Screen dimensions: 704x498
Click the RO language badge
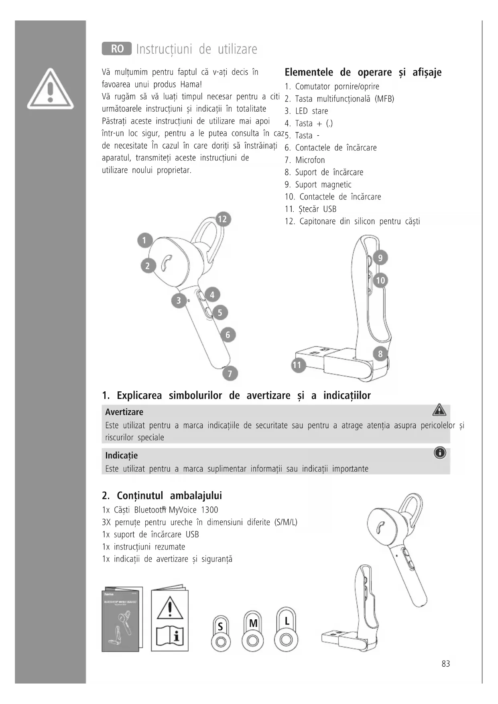coord(117,49)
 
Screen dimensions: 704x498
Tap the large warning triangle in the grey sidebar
coord(51,89)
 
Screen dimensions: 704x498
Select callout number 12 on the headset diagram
coord(222,219)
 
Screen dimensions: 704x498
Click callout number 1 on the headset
coord(144,240)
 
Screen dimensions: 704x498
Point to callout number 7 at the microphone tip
coord(230,374)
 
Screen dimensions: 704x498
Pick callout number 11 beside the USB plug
coord(297,365)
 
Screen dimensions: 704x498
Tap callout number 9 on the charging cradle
coord(380,258)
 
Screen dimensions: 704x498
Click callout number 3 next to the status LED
coord(179,300)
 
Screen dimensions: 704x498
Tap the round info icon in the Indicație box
coord(440,453)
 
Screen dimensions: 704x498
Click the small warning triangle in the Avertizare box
coord(439,410)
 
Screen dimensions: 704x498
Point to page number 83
coord(445,664)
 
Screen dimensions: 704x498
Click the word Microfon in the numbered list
coord(310,160)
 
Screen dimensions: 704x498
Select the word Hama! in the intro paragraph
coord(191,84)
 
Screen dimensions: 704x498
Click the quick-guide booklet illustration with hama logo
coord(122,619)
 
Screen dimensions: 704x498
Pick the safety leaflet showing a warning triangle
coord(170,619)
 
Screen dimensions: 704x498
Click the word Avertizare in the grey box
coord(124,412)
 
